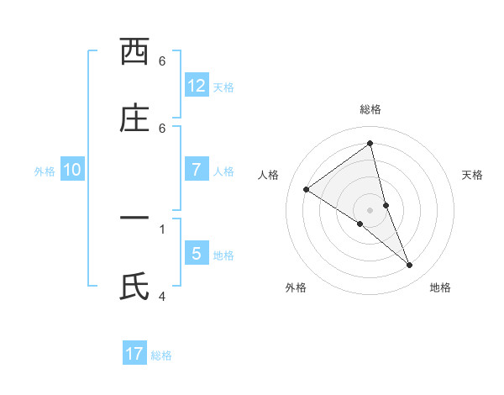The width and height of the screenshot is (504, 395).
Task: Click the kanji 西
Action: [134, 52]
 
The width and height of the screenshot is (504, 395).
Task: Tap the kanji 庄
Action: [134, 118]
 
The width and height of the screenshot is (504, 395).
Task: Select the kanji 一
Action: [134, 219]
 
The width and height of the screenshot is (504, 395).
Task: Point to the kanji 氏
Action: [134, 286]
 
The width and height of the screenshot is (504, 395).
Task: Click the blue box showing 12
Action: [197, 86]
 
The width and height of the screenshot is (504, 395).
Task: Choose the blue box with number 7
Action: [197, 170]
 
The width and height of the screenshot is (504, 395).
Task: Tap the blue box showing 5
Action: [197, 253]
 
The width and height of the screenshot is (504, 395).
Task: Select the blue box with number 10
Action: [72, 170]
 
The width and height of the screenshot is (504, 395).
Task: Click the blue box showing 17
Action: [134, 354]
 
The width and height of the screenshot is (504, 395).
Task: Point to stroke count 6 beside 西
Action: [162, 61]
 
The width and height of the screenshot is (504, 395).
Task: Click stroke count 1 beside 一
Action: [162, 229]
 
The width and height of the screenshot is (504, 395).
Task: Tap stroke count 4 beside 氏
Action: [162, 296]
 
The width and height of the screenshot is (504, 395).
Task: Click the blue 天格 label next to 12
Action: [223, 87]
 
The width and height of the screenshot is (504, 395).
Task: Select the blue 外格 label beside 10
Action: [45, 171]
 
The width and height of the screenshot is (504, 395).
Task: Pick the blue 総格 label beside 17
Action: [161, 355]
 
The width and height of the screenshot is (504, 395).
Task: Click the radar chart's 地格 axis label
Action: [440, 287]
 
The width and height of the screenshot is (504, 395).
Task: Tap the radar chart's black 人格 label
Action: [268, 175]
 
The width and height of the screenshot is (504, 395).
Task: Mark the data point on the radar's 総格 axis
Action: [370, 143]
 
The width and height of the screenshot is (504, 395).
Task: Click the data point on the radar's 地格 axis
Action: [410, 266]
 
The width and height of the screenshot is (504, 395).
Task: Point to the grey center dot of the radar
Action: [370, 209]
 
